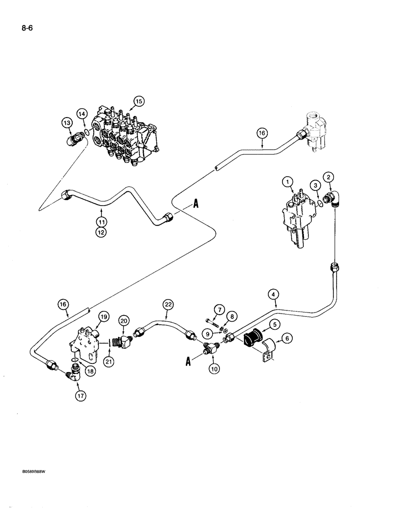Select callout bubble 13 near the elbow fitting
click(67, 122)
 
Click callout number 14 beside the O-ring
click(81, 114)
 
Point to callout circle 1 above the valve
click(288, 181)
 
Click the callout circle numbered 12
click(102, 233)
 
